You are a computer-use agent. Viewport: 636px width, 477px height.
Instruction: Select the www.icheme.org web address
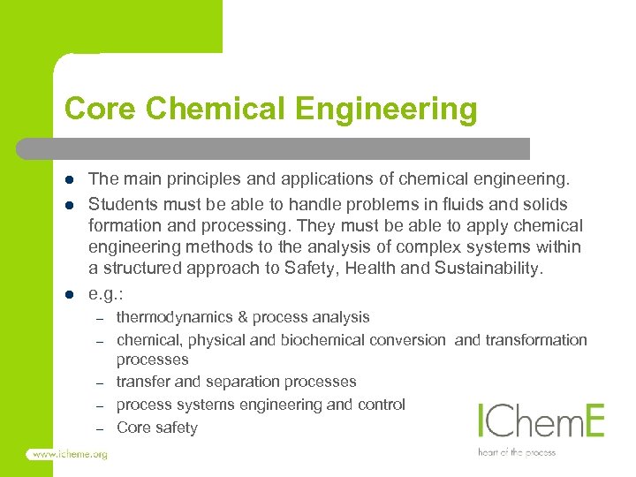coord(68,454)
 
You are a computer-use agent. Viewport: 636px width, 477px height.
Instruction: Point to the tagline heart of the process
coord(517,452)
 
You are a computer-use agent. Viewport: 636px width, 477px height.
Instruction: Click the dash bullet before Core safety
coord(101,428)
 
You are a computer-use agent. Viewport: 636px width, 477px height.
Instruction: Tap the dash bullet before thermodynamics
coord(101,318)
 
